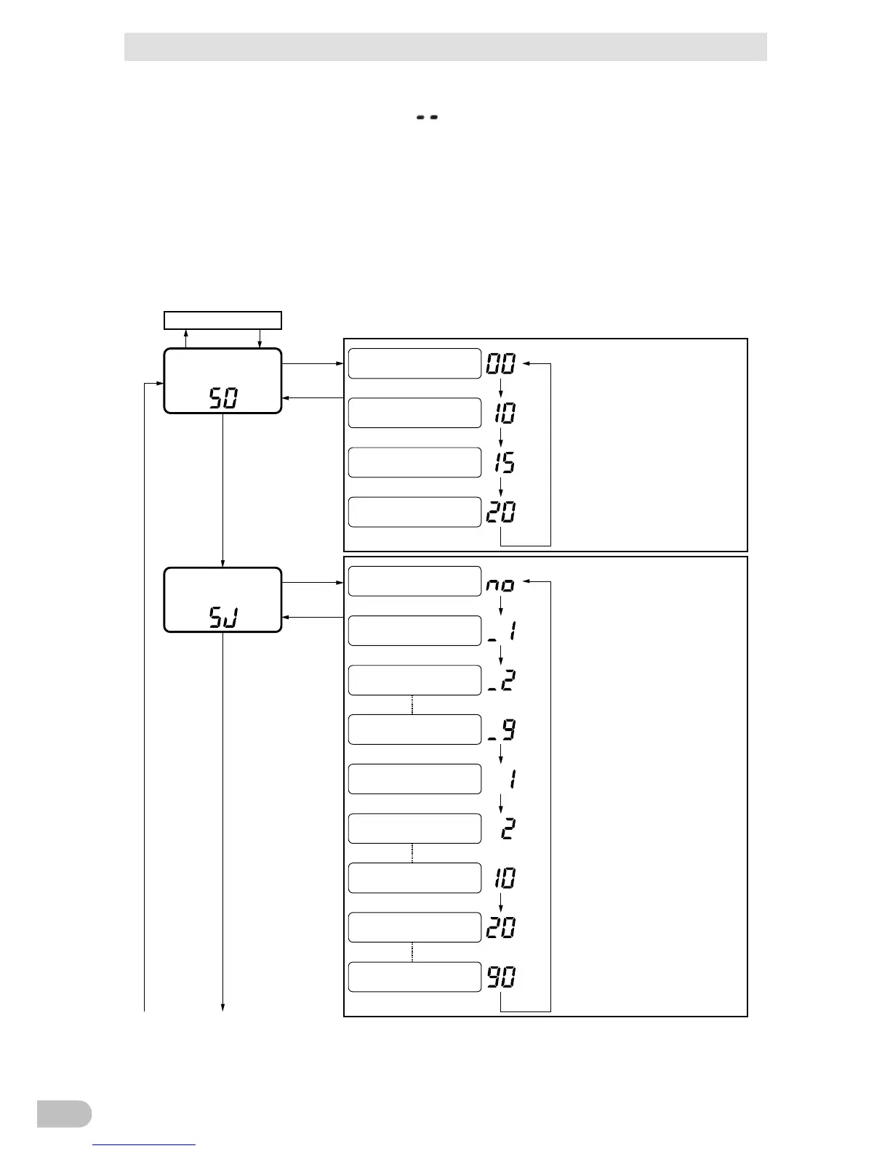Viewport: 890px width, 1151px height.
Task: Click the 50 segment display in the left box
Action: point(223,398)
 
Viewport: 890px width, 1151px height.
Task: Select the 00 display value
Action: point(500,364)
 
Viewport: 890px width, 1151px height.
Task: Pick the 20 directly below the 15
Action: point(500,512)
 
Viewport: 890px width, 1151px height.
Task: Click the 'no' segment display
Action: point(500,585)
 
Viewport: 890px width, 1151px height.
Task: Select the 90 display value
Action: point(501,977)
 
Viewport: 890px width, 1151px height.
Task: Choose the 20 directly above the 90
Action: point(500,928)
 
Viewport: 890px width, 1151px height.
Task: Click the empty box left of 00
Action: point(414,364)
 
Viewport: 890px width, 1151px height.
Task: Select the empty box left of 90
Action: point(414,977)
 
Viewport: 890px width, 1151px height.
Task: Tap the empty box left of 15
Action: point(414,463)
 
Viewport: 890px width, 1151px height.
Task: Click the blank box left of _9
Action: point(414,730)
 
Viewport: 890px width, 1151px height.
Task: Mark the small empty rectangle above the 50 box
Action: point(222,320)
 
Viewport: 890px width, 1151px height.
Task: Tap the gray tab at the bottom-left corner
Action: point(64,1113)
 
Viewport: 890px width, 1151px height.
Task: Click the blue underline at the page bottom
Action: point(145,1144)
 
